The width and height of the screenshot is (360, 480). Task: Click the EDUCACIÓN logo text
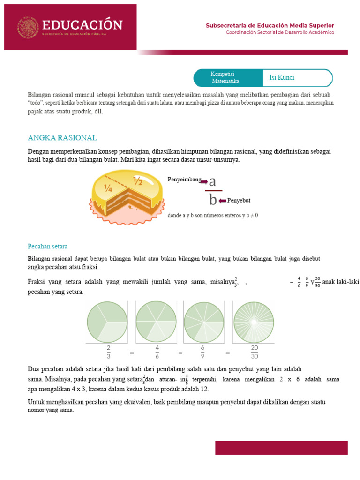82,25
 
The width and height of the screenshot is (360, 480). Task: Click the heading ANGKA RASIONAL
62,138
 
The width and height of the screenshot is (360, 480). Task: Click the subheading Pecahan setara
47,246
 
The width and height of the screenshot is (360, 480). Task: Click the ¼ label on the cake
108,189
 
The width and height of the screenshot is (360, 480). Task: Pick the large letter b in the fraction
213,200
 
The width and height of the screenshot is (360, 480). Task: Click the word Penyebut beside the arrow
239,201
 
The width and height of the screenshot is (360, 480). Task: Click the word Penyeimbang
184,180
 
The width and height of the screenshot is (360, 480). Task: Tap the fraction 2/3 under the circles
108,352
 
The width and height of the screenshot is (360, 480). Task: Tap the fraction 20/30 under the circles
254,352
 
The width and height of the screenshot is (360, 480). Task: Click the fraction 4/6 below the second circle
157,352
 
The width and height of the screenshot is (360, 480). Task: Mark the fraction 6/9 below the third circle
203,352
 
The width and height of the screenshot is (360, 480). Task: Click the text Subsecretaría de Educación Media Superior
270,25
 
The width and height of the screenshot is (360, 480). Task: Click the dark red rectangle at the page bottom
281,448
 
